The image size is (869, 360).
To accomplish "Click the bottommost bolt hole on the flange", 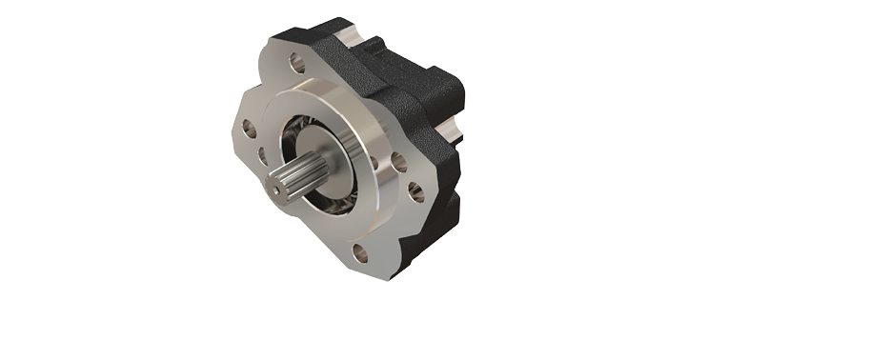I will (x=359, y=252).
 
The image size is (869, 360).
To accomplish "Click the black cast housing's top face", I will (x=400, y=57).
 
